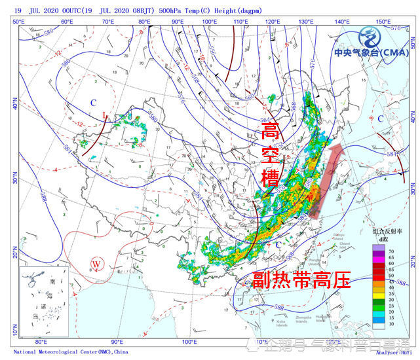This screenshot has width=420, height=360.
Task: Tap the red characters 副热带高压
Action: pyautogui.click(x=301, y=281)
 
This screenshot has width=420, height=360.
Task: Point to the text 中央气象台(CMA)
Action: pyautogui.click(x=371, y=53)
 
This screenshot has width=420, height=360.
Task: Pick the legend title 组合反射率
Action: pyautogui.click(x=386, y=231)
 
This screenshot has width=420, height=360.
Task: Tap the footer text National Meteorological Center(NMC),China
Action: pyautogui.click(x=71, y=351)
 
